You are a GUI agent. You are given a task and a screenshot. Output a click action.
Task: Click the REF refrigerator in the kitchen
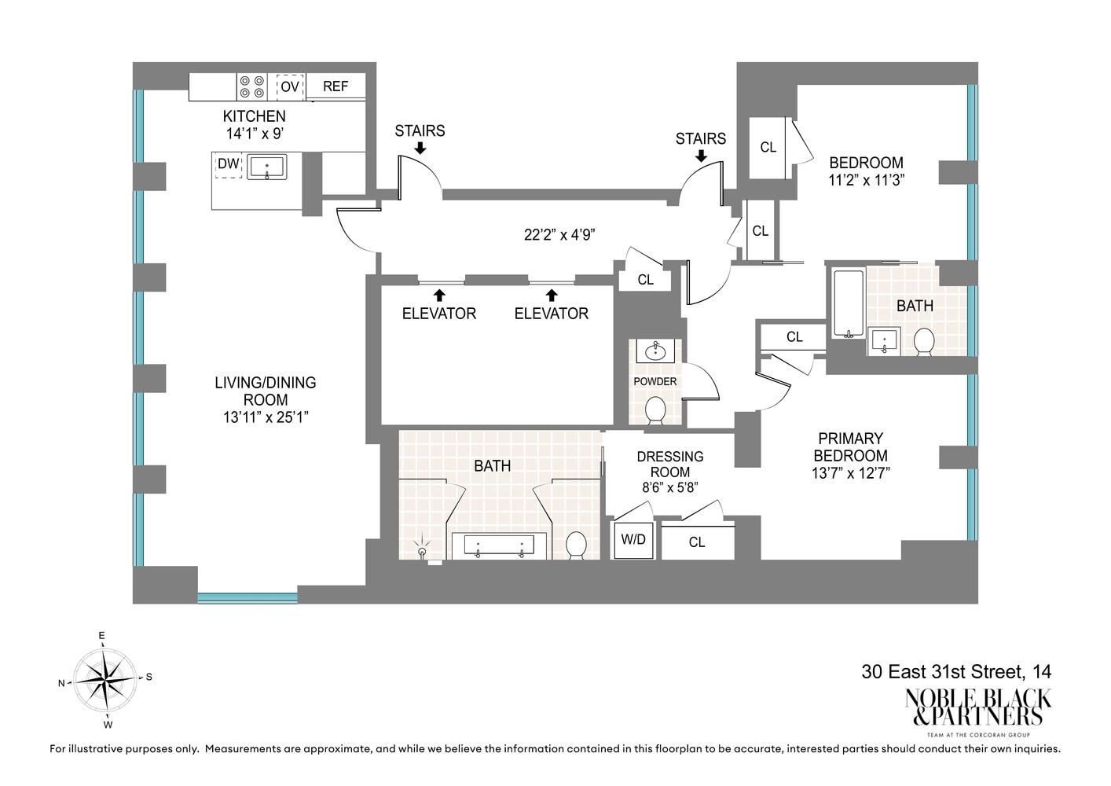335,86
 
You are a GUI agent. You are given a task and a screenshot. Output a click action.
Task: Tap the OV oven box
289,86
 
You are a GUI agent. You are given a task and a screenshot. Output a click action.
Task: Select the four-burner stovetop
251,86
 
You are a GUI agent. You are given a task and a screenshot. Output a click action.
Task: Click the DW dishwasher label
228,164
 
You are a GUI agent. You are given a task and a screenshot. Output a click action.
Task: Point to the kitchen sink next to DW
267,167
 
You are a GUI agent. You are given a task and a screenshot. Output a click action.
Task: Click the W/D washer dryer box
633,540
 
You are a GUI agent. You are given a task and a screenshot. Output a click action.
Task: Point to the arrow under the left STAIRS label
420,148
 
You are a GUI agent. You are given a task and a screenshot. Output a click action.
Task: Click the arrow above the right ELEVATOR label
552,296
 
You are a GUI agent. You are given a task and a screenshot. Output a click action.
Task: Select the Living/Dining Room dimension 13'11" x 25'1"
266,417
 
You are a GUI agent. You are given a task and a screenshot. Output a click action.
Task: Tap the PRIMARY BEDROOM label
850,447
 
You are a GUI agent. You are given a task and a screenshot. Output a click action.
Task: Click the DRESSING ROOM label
670,464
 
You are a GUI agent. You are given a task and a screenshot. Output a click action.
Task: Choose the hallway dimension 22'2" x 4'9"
560,234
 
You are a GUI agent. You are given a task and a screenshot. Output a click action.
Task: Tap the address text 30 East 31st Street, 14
956,672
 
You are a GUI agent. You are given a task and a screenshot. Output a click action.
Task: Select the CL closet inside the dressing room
697,542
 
